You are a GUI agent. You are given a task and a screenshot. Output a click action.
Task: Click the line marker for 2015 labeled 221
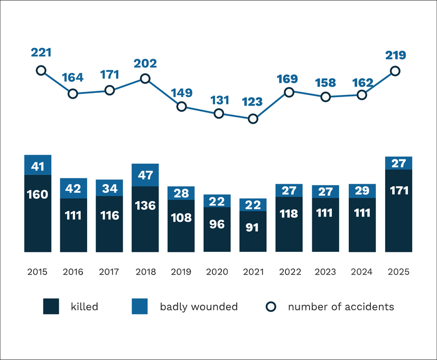[41, 70]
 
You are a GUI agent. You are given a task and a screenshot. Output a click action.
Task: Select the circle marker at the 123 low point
[253, 119]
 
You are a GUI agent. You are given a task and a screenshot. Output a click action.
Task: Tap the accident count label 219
[395, 55]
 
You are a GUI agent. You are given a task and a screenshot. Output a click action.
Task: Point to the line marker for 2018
[145, 79]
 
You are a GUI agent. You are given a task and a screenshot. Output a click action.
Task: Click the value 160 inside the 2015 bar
[38, 194]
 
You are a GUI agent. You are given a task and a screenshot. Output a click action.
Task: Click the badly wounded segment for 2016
[73, 188]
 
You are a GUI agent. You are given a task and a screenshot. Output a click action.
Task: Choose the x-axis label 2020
[217, 272]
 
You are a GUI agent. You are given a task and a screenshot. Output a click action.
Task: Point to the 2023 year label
[325, 272]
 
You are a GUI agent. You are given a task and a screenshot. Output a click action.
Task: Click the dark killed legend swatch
[51, 307]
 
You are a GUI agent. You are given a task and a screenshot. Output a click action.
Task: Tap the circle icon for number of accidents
[271, 307]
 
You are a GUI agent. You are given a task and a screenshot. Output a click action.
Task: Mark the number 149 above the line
[181, 93]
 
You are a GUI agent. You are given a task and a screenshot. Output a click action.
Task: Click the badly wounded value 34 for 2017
[109, 188]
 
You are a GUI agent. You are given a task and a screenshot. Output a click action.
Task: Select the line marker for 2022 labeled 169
[289, 92]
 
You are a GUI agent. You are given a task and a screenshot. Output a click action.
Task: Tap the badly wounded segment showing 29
[362, 191]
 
